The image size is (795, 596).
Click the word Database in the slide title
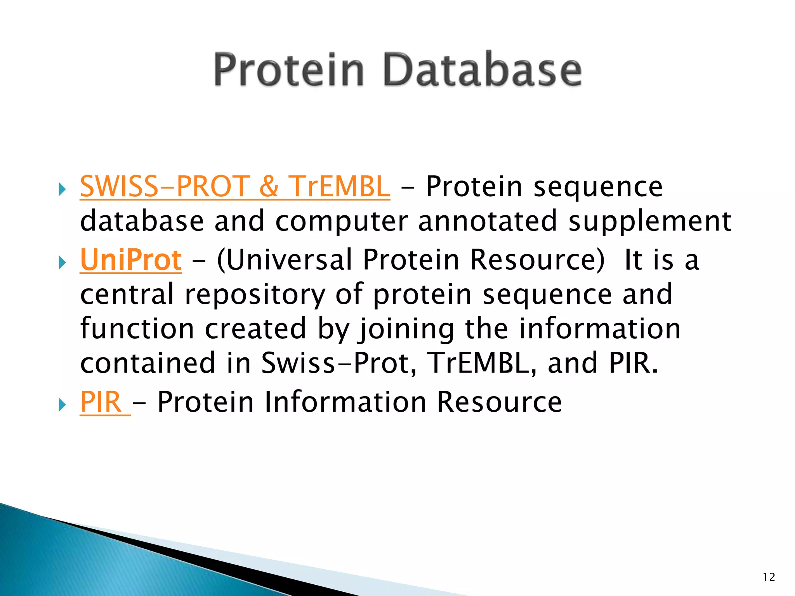tap(483, 70)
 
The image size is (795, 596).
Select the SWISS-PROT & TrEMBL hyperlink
tap(235, 187)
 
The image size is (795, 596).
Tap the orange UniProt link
tap(131, 260)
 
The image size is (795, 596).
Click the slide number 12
tap(769, 577)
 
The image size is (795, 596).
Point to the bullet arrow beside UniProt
tap(62, 263)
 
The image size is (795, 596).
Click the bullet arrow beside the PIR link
tap(62, 405)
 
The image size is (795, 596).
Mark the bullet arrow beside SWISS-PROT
tap(62, 190)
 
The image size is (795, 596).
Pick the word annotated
tap(488, 221)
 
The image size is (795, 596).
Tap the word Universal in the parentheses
tap(289, 260)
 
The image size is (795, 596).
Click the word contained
tap(148, 363)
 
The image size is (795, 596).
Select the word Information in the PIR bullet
tap(345, 402)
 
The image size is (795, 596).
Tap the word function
tap(137, 329)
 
